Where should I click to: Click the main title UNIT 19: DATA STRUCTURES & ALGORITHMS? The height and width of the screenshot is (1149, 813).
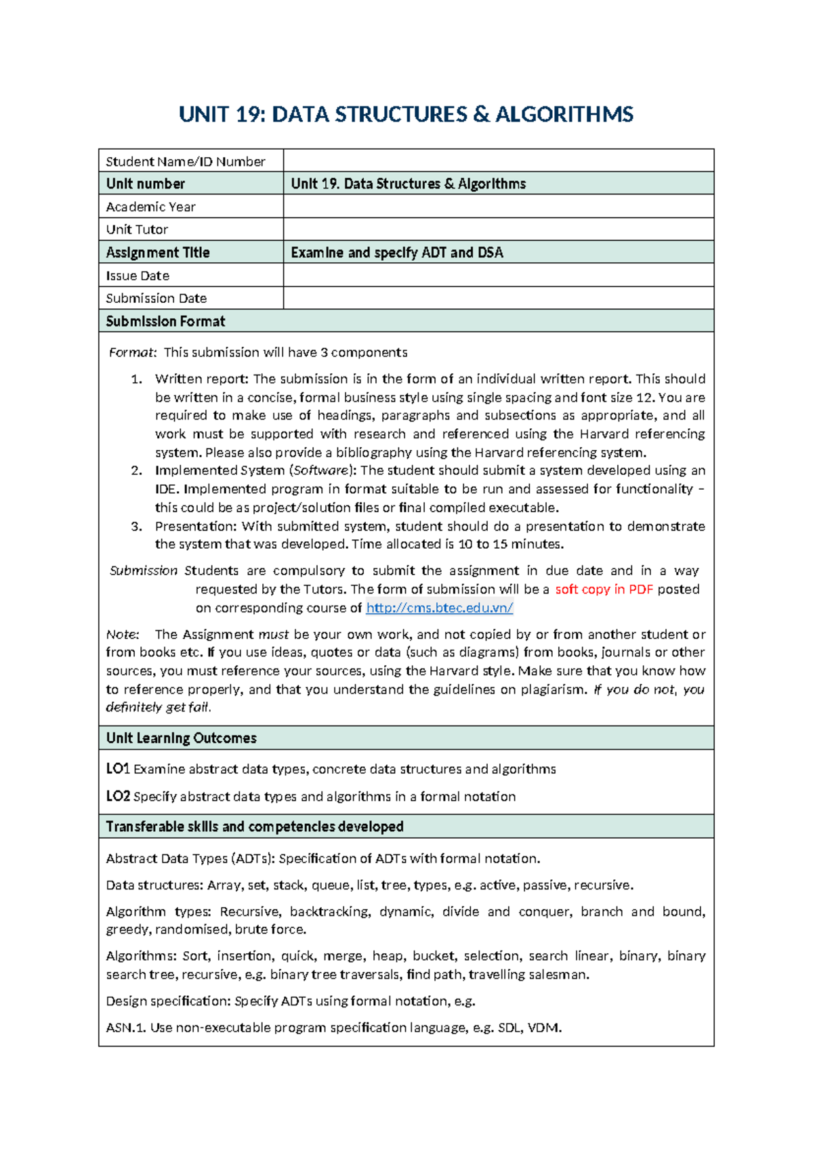[406, 114]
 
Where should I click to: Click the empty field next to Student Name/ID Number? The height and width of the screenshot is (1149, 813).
[498, 161]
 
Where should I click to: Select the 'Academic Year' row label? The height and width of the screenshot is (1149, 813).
[150, 207]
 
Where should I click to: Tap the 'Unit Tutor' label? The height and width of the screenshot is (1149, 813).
[137, 230]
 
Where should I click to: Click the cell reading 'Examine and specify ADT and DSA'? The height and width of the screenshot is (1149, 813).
[397, 253]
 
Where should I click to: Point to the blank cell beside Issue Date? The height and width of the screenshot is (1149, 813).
[498, 275]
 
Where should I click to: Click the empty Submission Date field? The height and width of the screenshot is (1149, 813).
[498, 298]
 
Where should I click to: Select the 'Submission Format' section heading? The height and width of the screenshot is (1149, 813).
[165, 321]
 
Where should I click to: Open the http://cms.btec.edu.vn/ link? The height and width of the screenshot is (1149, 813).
[439, 608]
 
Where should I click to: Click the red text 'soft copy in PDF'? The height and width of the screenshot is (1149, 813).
[604, 589]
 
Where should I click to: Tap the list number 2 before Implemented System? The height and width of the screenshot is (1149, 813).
[137, 471]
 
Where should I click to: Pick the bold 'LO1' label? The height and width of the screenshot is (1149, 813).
[118, 769]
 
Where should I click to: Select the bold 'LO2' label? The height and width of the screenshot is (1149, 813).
[118, 797]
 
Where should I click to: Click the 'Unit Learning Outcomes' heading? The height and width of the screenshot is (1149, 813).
[181, 738]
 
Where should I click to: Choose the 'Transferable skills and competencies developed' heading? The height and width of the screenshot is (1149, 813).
[255, 827]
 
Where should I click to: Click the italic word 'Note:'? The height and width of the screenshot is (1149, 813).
[123, 635]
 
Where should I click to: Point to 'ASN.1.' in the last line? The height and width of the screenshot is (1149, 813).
[126, 1028]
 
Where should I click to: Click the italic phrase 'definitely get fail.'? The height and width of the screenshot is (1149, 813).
[159, 707]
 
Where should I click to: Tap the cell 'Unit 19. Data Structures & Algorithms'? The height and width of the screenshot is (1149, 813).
[408, 184]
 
